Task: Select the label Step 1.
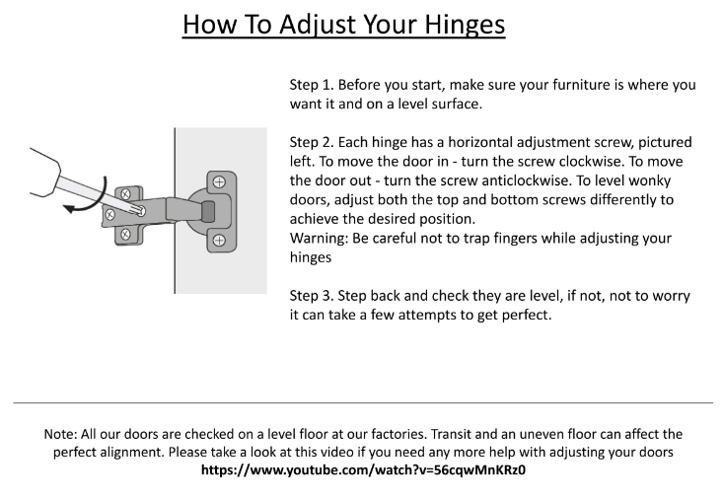(311, 85)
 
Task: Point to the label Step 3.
(311, 296)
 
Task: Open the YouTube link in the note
(363, 469)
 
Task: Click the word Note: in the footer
(62, 434)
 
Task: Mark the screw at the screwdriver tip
(141, 210)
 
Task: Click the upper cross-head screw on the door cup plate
(219, 181)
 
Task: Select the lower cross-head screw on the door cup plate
(219, 240)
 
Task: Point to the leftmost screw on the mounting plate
(111, 213)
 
